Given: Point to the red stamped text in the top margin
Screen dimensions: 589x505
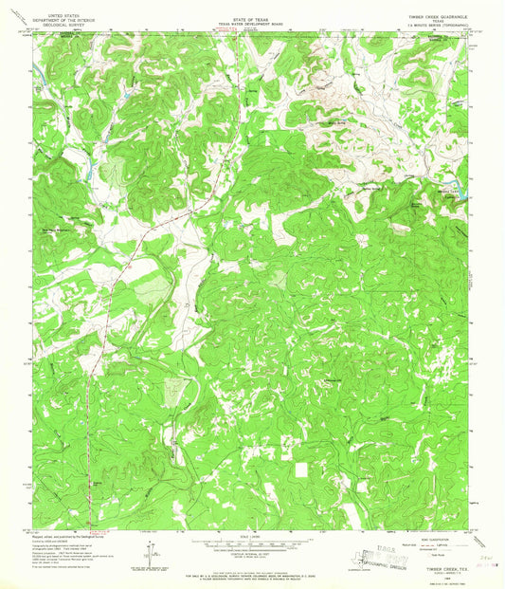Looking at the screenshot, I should click(x=227, y=32).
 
